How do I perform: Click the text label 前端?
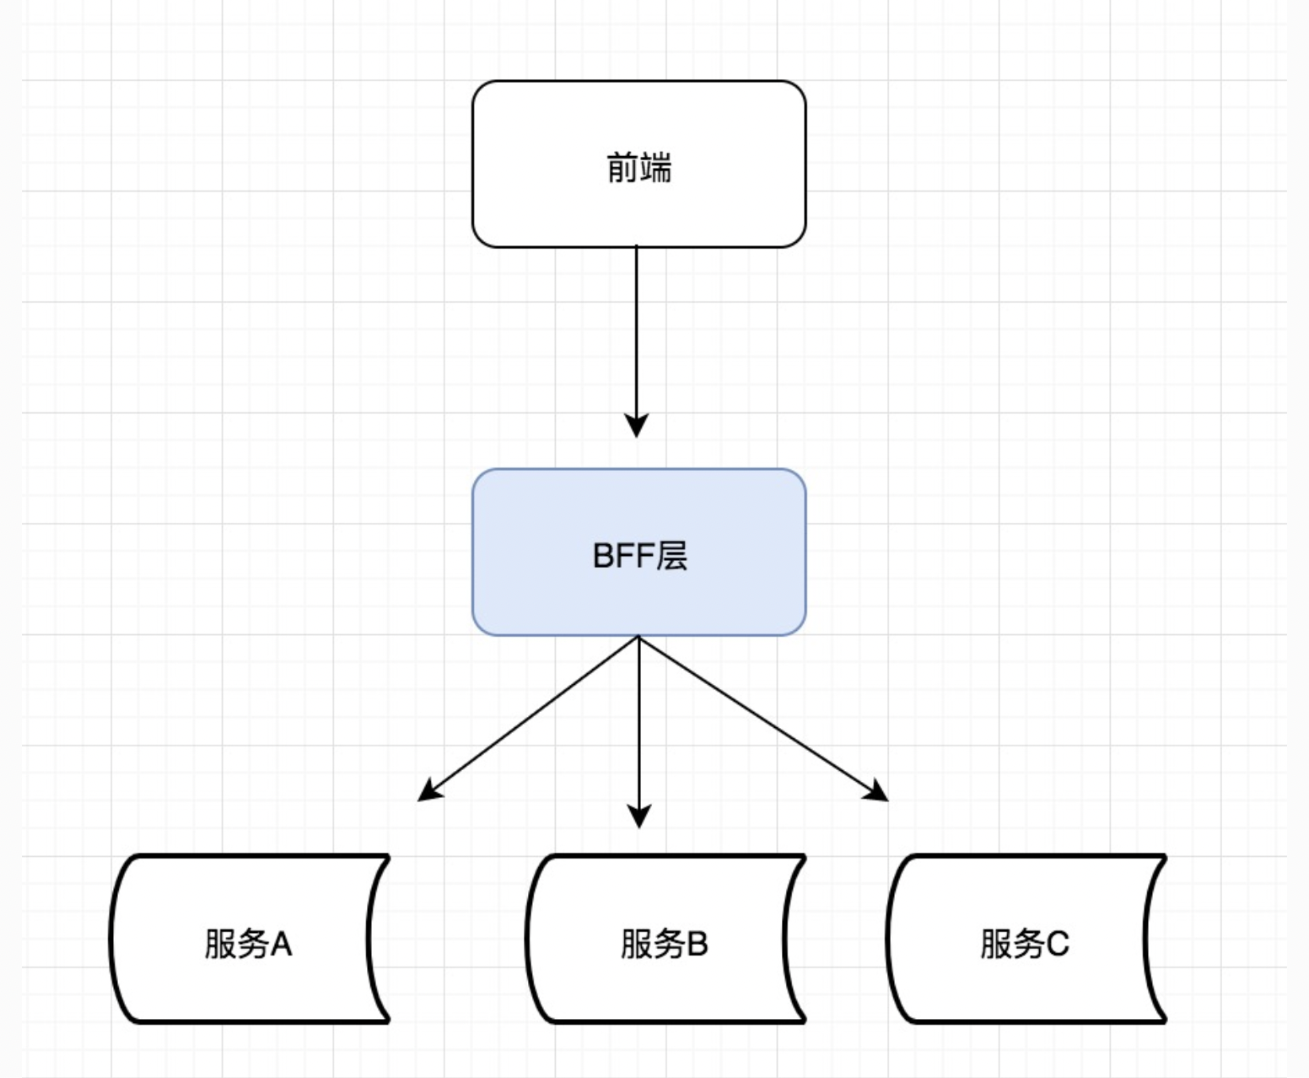(x=638, y=168)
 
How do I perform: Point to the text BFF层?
(x=639, y=556)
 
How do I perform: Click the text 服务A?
(x=248, y=943)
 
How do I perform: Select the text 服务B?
(x=664, y=943)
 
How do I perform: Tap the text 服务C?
(x=1024, y=943)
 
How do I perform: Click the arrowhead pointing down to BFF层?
(x=637, y=424)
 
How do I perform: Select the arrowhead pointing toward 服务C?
(x=876, y=791)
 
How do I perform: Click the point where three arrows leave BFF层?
(x=639, y=637)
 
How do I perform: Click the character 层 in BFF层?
(x=672, y=556)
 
